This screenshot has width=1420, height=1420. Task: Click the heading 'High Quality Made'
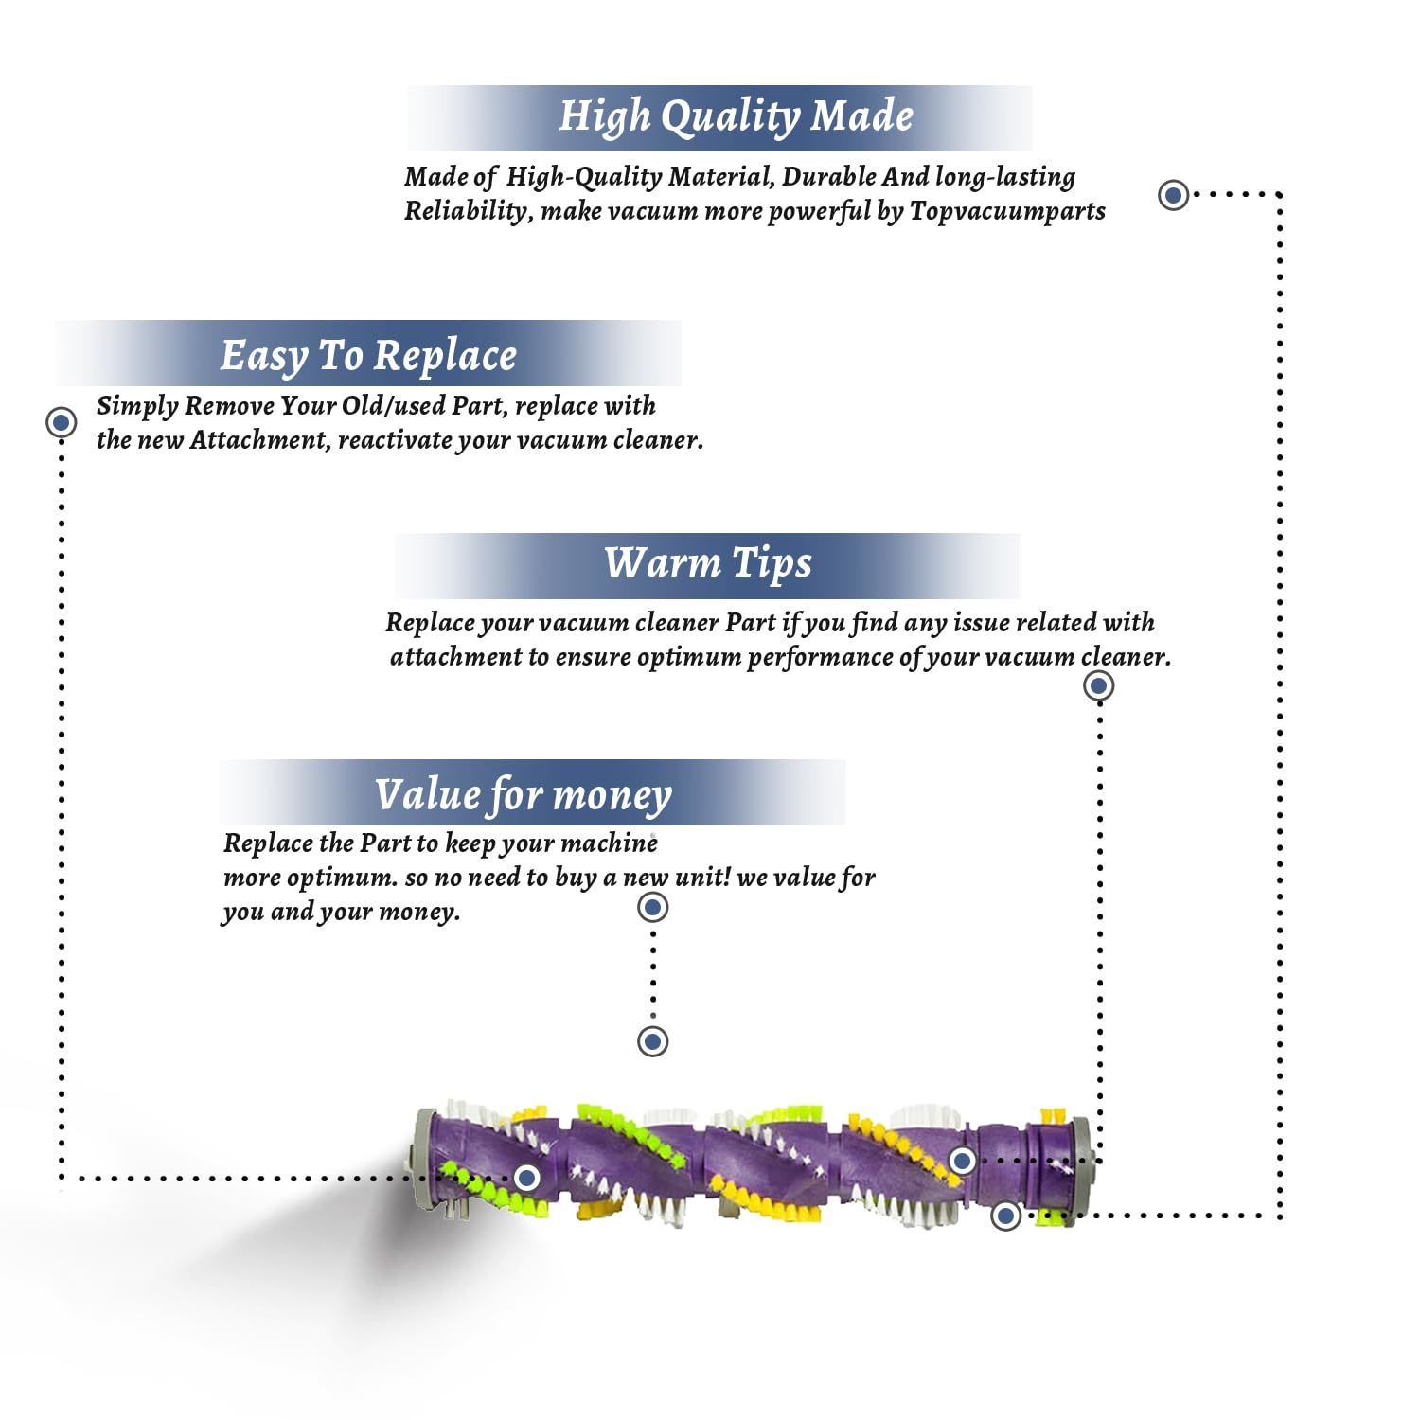point(736,116)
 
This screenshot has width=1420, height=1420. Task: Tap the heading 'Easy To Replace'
point(368,356)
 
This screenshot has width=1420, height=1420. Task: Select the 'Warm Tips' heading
point(708,563)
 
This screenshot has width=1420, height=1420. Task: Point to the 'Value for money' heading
point(523,795)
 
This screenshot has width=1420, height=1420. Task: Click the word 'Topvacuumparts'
point(1007,211)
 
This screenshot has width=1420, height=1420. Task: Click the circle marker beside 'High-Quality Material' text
point(1174,195)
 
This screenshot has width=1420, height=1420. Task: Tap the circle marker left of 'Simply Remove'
point(62,421)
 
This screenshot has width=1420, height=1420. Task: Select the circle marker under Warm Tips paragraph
point(1098,685)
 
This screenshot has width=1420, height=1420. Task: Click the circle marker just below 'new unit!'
point(653,908)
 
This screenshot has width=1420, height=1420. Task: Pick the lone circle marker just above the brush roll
point(653,1041)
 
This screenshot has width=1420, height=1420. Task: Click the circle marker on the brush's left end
point(526,1178)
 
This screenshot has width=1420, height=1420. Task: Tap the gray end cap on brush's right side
point(1079,1171)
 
